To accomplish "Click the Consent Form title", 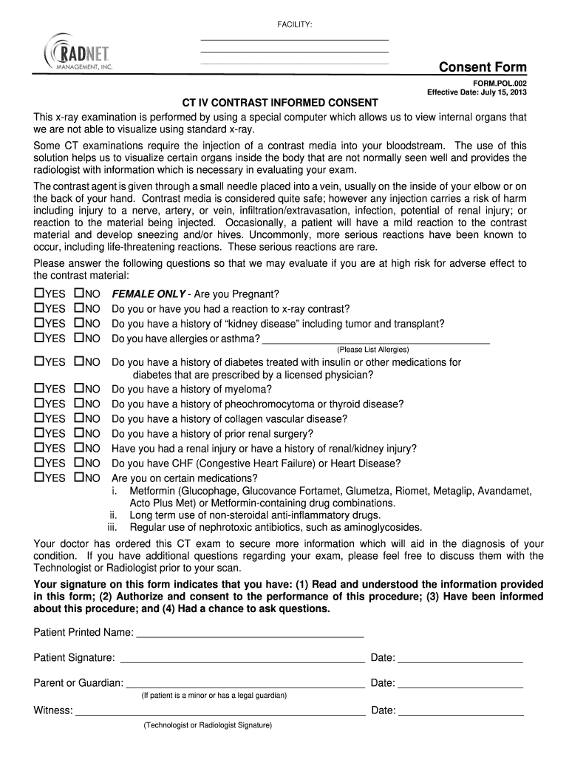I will [x=483, y=68].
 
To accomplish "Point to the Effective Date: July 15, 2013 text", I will [x=477, y=93].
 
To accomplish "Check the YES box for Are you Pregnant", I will [x=39, y=293].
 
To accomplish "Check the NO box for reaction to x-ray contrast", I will [x=79, y=308].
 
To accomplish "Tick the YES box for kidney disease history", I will [x=39, y=323].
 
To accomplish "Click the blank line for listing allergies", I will [x=376, y=341].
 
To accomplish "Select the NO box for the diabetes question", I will [x=79, y=362].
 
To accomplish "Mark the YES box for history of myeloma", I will [x=39, y=389].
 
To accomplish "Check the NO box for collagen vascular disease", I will [x=79, y=418].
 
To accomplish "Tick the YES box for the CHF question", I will [x=39, y=463].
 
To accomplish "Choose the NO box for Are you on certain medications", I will [x=79, y=478].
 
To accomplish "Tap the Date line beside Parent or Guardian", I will [x=460, y=684].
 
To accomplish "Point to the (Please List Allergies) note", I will [x=372, y=350].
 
